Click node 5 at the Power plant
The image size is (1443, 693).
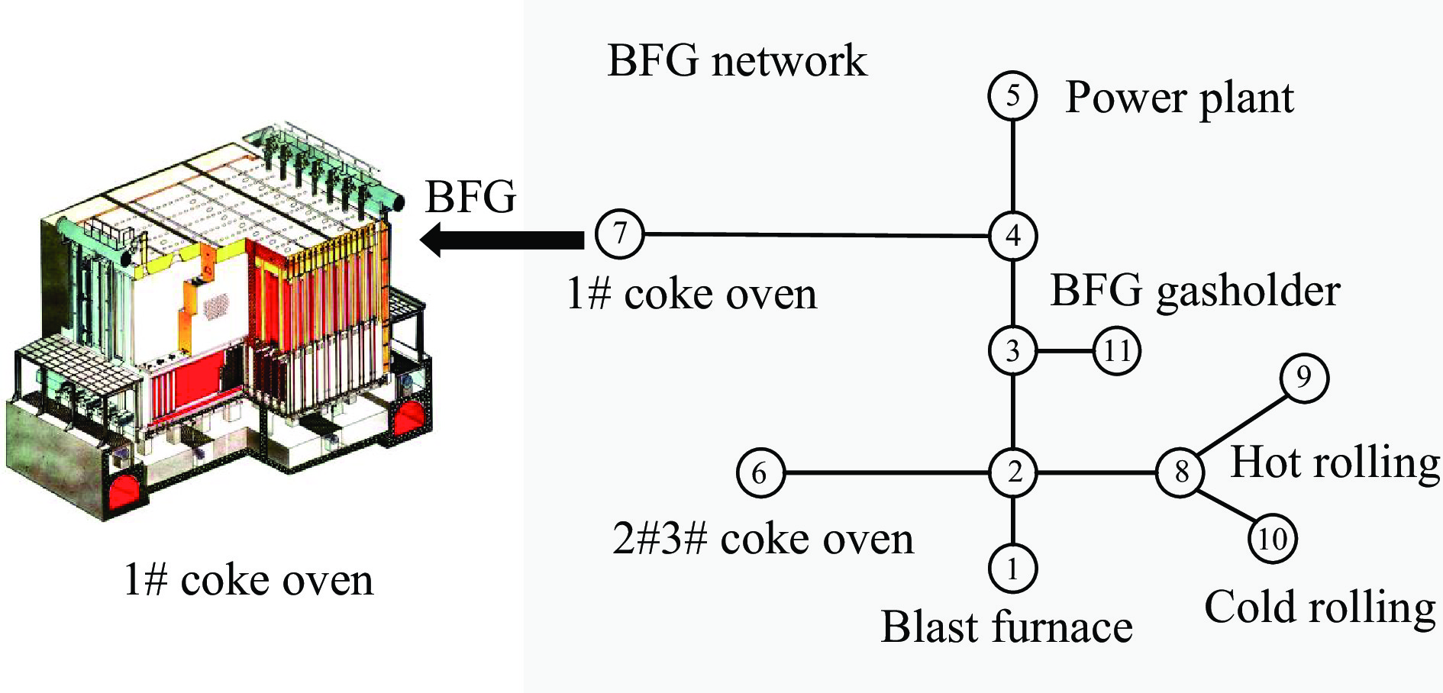pos(1012,96)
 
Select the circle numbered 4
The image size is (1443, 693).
pos(1012,235)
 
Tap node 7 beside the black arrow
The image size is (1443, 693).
pos(619,233)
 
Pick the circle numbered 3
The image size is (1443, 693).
pos(1012,351)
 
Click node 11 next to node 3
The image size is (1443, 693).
pos(1117,351)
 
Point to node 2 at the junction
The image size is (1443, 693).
pos(1012,472)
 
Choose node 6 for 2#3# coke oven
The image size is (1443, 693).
pos(760,472)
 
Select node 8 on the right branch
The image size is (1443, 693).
pos(1180,472)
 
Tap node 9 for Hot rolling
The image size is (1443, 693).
pos(1304,378)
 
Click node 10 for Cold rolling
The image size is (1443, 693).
pos(1272,539)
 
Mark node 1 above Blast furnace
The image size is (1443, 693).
pos(1012,569)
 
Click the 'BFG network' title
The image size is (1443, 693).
pos(737,61)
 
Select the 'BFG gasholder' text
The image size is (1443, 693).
pos(1195,292)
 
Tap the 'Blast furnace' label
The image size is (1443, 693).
pos(1006,627)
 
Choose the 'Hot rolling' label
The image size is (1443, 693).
pos(1335,463)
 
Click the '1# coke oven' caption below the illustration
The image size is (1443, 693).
pos(248,581)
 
